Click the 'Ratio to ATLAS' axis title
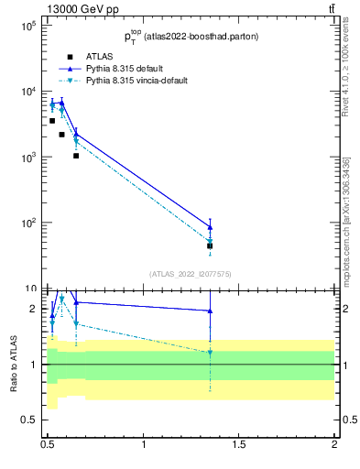click(13, 364)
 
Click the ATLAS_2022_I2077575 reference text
click(191, 273)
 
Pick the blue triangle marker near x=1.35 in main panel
click(210, 227)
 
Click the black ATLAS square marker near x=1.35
click(210, 245)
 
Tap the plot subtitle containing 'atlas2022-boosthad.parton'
click(191, 36)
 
